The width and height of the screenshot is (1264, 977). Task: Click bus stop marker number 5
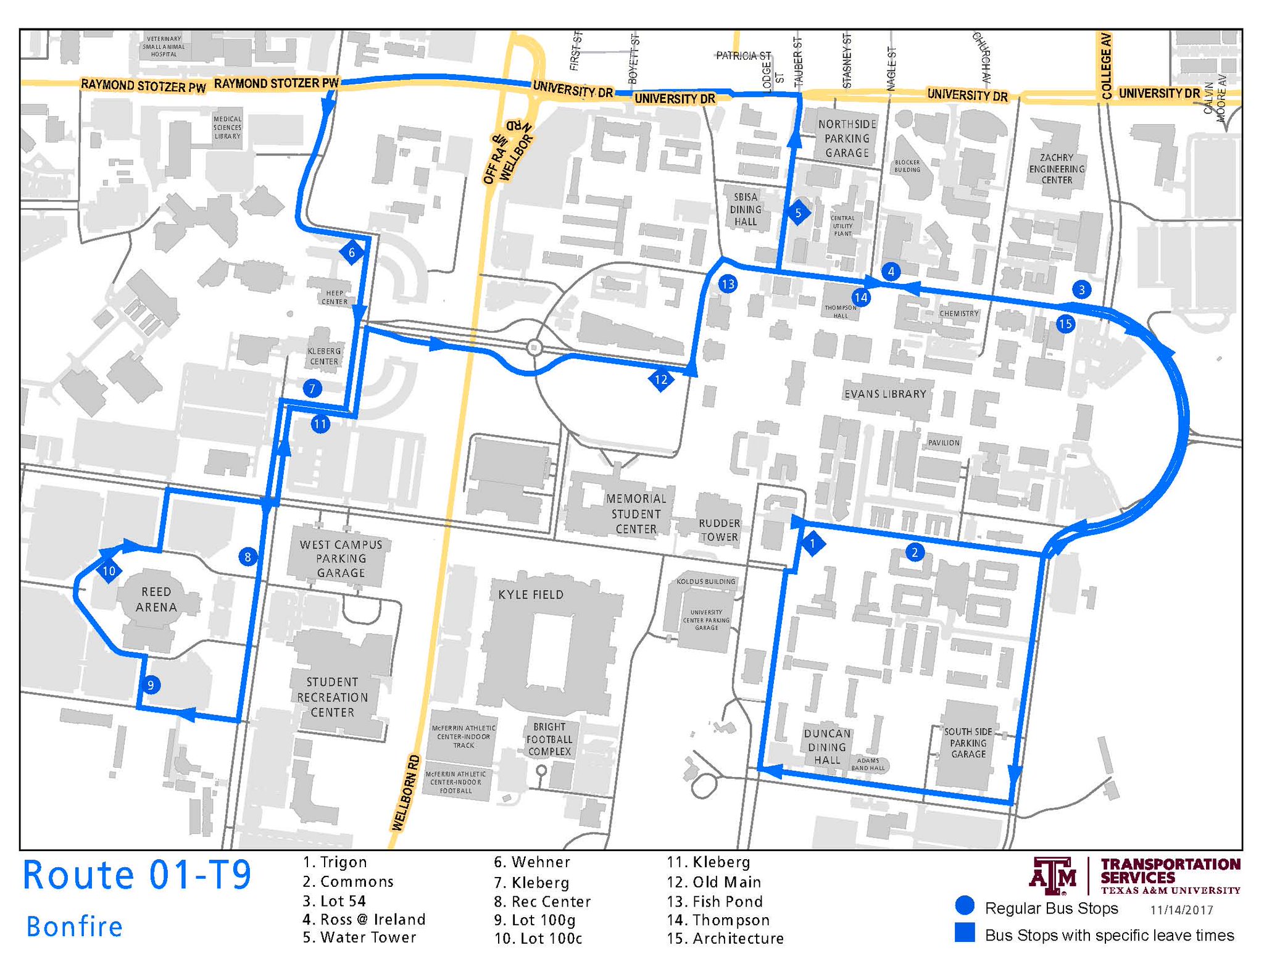click(x=798, y=214)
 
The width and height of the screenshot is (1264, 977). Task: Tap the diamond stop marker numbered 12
click(x=660, y=380)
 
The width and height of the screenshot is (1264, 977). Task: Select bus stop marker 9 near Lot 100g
click(x=151, y=684)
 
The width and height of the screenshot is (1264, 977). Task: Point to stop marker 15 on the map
click(x=1065, y=323)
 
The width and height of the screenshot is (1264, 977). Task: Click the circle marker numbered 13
click(x=728, y=284)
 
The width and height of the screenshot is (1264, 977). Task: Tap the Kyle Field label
click(x=531, y=594)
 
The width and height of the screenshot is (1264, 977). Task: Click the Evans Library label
click(x=885, y=394)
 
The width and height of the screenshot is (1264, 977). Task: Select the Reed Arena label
click(x=156, y=599)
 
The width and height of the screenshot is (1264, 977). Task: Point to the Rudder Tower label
click(x=719, y=530)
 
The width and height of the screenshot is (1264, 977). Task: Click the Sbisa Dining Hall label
click(x=746, y=209)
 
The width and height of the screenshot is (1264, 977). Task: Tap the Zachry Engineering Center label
click(x=1057, y=168)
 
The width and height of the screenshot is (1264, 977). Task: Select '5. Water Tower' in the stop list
click(x=359, y=938)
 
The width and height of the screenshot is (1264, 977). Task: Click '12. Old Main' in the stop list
click(x=714, y=882)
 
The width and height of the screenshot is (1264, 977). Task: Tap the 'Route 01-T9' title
click(x=137, y=875)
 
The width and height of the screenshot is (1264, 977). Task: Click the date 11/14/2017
click(x=1181, y=910)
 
